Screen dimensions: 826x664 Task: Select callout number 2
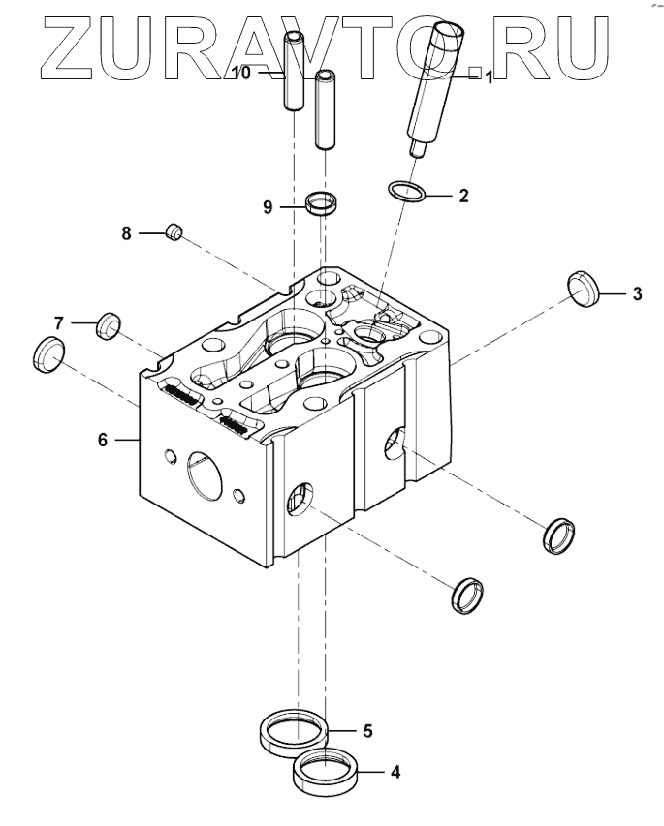point(463,196)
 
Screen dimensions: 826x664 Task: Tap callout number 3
point(637,293)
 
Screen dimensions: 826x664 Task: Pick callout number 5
point(367,731)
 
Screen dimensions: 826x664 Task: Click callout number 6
point(103,439)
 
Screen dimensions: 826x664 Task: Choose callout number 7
point(59,321)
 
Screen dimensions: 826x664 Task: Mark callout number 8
point(126,232)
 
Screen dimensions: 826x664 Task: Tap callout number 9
point(269,206)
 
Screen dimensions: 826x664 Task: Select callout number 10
point(242,73)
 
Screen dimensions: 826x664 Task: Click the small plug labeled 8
point(174,231)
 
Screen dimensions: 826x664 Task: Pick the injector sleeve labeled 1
point(433,87)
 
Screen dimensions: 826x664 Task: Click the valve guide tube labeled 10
point(293,73)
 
